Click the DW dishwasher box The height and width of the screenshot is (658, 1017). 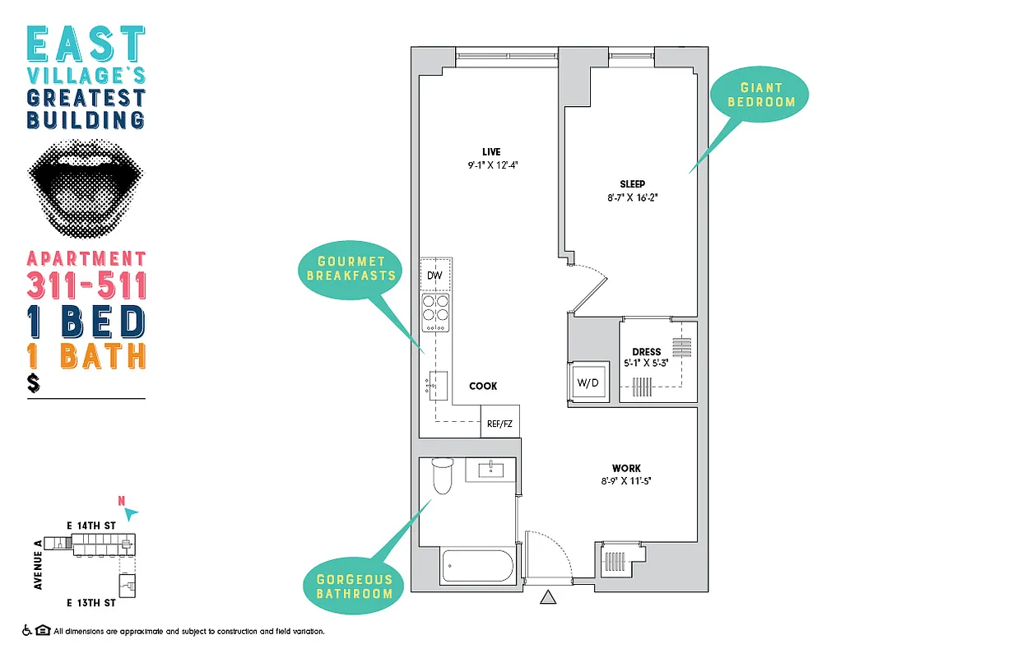tap(435, 276)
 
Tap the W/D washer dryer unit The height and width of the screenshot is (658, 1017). tap(587, 382)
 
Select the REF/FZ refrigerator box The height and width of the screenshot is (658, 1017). tap(499, 423)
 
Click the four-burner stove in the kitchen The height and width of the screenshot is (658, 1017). tap(436, 313)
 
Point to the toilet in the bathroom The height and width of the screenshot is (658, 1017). tap(443, 476)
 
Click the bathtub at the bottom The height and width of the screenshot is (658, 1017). tap(477, 566)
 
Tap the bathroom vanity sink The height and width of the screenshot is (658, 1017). tap(490, 470)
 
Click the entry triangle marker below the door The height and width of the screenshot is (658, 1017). tap(549, 598)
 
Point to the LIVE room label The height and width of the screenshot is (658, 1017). tap(491, 151)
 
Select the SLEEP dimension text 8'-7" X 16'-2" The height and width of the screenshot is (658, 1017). tap(633, 197)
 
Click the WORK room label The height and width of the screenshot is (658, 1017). tap(626, 469)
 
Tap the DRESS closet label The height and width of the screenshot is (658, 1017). tap(646, 352)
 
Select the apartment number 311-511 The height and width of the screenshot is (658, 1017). tap(86, 285)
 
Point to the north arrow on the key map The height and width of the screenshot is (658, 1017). tap(130, 512)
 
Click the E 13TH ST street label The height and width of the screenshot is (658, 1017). tap(91, 603)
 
